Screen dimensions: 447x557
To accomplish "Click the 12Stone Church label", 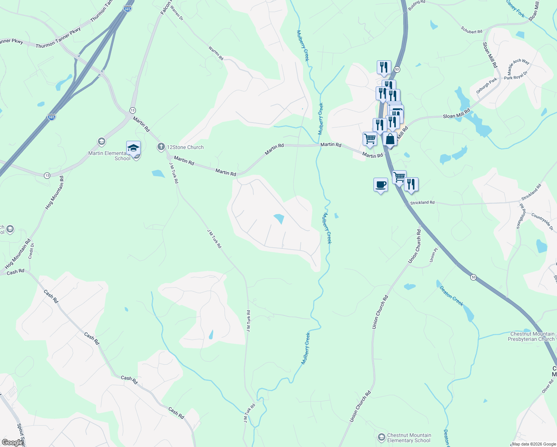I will tap(185, 147).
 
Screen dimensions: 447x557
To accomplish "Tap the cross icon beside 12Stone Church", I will tap(161, 147).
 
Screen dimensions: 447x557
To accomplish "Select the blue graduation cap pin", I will tap(133, 148).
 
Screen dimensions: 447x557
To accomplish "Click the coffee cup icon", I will tap(381, 184).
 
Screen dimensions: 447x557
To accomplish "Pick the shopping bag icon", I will tap(390, 139).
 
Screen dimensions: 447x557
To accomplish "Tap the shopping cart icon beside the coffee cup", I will tap(399, 177).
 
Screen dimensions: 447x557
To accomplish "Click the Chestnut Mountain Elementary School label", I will tap(409, 438).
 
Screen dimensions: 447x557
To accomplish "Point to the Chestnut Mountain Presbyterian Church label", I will tap(532, 336).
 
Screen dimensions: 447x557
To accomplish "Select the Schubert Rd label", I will tap(471, 30).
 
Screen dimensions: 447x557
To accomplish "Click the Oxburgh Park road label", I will tap(487, 86).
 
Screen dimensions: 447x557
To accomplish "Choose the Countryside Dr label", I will tap(542, 222).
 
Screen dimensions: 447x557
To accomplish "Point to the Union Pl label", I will tap(433, 256).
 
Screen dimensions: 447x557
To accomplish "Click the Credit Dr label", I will tap(31, 251).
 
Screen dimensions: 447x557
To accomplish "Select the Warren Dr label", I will tap(177, 12).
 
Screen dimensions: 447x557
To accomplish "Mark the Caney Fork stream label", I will tap(515, 9).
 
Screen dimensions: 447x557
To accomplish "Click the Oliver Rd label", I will tap(548, 387).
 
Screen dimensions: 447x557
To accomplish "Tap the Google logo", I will tap(12, 443).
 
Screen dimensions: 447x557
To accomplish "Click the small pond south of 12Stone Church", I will tap(158, 173).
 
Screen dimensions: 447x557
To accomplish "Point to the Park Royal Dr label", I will tap(516, 76).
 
